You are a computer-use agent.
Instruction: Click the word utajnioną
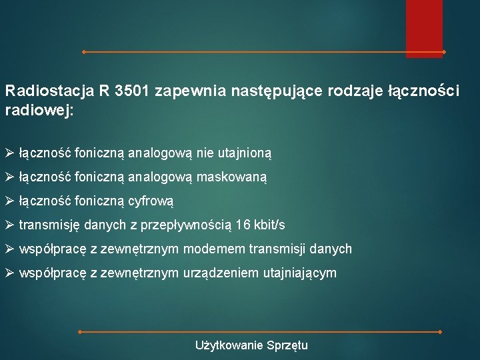(246, 153)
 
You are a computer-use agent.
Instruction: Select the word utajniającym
(299, 273)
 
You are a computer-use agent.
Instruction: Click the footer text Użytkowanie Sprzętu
(251, 345)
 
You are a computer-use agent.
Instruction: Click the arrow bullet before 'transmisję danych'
(9, 225)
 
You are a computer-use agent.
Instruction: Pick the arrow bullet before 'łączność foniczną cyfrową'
(9, 201)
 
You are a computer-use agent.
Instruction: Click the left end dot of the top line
(83, 51)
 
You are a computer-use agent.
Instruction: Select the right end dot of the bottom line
(441, 331)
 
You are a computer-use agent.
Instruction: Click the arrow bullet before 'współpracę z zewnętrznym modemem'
(9, 249)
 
